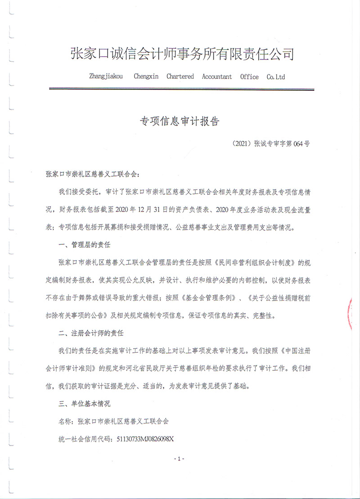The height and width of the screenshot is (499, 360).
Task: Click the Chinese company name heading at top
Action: (x=182, y=55)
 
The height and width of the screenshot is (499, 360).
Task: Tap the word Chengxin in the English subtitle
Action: (x=146, y=76)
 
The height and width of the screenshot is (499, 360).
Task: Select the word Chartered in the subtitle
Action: (x=180, y=76)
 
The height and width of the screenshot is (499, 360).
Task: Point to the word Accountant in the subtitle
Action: (x=217, y=76)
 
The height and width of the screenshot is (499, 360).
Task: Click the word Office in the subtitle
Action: (x=249, y=76)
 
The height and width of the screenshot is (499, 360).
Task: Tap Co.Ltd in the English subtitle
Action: (x=276, y=77)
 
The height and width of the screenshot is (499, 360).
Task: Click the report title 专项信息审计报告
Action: (x=180, y=121)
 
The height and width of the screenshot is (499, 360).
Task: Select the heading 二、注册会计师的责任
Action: (x=91, y=333)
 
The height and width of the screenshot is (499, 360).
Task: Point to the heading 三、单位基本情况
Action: (x=85, y=404)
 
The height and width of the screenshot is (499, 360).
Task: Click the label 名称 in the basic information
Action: (x=65, y=421)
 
